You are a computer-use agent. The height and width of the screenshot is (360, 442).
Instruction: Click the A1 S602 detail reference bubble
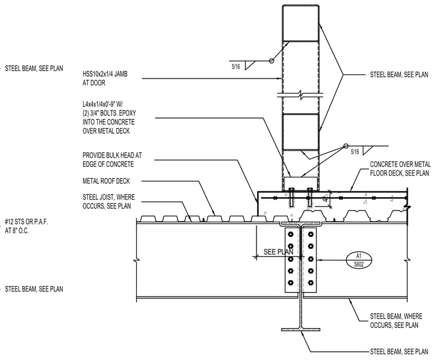[359, 260]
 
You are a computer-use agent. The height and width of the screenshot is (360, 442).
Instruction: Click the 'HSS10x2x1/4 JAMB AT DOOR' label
[105, 79]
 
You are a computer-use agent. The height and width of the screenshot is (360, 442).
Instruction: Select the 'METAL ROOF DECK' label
[106, 181]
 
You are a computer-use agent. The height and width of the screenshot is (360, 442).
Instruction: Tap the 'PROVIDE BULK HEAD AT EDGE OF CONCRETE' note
[112, 160]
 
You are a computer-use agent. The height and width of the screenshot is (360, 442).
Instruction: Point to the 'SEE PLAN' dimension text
[278, 252]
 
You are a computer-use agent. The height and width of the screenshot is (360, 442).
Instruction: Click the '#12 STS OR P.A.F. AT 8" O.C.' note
[27, 226]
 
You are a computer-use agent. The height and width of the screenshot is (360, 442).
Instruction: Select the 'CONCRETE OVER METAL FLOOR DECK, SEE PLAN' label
[400, 169]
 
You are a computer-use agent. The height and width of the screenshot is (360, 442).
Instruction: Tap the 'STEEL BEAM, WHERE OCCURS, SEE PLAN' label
[396, 320]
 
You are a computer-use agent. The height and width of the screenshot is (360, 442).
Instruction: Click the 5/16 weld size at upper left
[236, 67]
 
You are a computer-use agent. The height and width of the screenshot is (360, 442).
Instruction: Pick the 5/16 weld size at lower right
[355, 152]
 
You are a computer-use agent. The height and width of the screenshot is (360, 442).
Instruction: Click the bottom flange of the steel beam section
[301, 329]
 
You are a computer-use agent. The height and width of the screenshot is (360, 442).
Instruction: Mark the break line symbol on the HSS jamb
[301, 95]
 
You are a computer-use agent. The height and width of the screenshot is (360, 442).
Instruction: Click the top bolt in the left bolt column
[291, 234]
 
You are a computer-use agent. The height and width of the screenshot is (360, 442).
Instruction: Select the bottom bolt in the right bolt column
[311, 283]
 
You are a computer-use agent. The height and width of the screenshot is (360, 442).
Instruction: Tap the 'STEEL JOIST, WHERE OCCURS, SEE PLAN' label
[109, 202]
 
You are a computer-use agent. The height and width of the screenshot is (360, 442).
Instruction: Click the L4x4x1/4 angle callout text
[109, 117]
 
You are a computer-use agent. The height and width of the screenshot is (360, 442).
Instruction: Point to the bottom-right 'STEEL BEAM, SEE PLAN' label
[399, 351]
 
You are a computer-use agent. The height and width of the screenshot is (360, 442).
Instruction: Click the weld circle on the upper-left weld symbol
[271, 60]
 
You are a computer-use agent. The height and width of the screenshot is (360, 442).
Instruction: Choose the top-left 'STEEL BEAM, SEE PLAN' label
[34, 69]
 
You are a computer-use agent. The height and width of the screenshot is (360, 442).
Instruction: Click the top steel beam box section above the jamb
[301, 23]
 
